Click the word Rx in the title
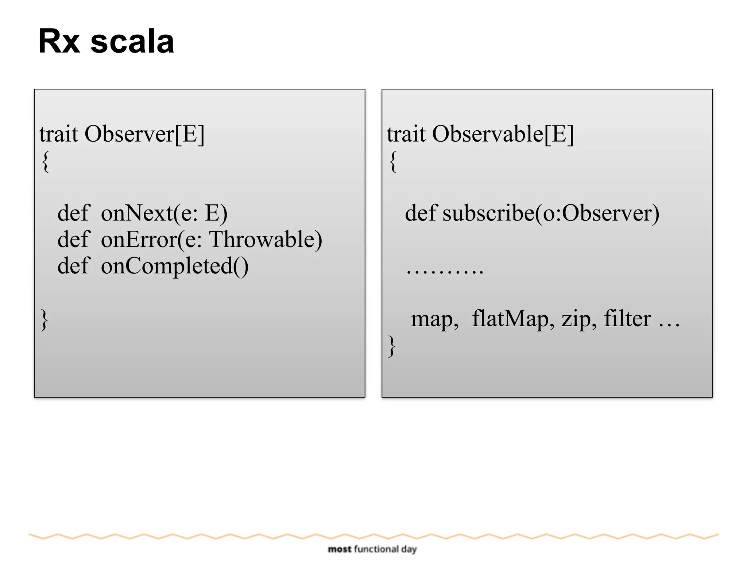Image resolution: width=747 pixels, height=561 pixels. [x=59, y=41]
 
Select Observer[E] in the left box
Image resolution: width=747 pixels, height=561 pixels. [x=144, y=134]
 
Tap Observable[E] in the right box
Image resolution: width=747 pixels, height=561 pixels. [x=503, y=134]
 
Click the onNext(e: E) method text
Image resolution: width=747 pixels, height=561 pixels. [x=164, y=213]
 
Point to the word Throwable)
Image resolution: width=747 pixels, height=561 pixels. [x=266, y=239]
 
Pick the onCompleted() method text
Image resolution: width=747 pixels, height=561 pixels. [x=175, y=266]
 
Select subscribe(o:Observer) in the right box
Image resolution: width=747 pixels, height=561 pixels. [x=551, y=213]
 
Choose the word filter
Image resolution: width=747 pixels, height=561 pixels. [x=627, y=318]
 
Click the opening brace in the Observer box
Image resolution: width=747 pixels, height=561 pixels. [x=45, y=162]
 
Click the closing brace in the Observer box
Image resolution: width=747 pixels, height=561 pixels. [x=44, y=320]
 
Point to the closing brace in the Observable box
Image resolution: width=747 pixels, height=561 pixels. [x=392, y=346]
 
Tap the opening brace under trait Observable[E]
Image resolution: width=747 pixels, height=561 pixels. [x=393, y=162]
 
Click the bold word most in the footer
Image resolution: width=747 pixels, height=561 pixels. [x=339, y=549]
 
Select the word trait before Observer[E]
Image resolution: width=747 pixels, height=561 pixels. [x=59, y=134]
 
